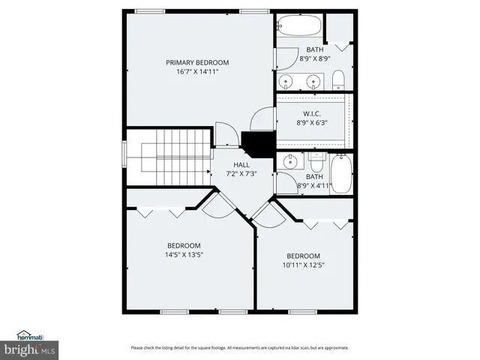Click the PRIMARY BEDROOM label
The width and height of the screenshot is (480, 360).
(x=197, y=63)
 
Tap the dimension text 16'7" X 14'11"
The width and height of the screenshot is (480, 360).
(x=197, y=72)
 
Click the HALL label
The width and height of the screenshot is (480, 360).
(x=241, y=165)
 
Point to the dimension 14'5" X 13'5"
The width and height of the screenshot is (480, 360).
(x=183, y=254)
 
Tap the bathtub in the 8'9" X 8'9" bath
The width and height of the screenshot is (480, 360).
(x=300, y=27)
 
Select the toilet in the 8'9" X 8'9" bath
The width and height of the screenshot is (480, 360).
(x=338, y=79)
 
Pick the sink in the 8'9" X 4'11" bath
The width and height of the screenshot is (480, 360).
(x=289, y=161)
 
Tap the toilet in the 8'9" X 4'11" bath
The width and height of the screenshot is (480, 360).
(x=318, y=161)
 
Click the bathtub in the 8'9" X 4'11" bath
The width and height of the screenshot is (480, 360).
(x=342, y=172)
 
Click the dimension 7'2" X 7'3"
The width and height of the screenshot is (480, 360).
(x=241, y=174)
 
